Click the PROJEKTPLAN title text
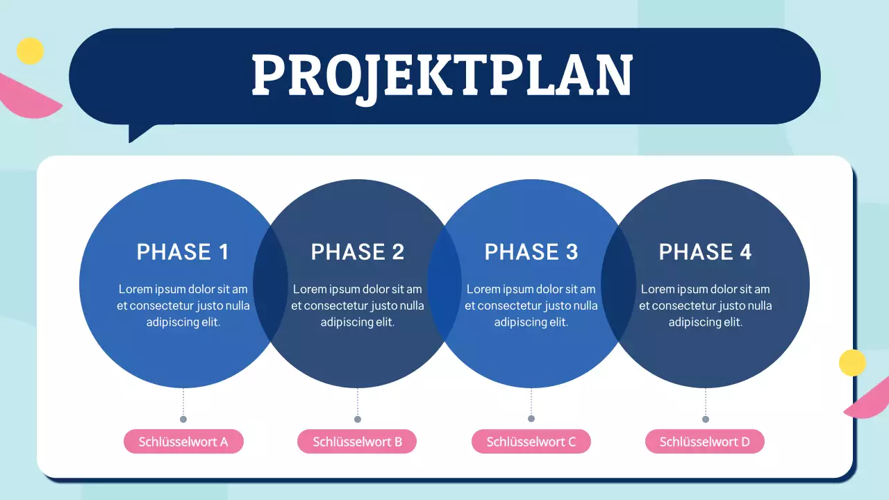[x=442, y=76]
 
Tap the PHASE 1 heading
[x=183, y=251]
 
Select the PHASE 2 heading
[x=357, y=251]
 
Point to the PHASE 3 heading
[x=531, y=251]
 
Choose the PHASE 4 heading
[x=705, y=251]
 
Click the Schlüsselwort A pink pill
[x=183, y=442]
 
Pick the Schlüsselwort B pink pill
[x=357, y=442]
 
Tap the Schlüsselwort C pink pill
[x=531, y=442]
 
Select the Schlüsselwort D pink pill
[x=705, y=442]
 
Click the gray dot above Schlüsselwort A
[x=183, y=419]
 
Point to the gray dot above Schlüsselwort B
[x=358, y=419]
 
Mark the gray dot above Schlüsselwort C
[x=531, y=419]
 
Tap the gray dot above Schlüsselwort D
[x=706, y=419]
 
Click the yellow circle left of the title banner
[x=30, y=51]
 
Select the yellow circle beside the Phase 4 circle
[x=852, y=362]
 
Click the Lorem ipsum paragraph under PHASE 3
[x=531, y=306]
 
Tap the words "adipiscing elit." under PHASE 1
[x=183, y=322]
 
